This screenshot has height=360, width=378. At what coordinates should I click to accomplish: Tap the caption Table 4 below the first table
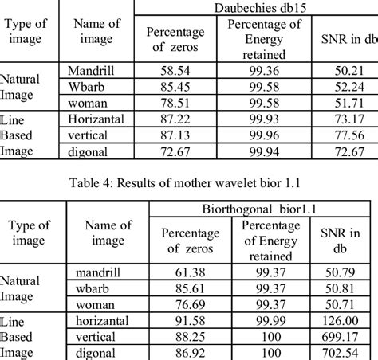click(x=187, y=183)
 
